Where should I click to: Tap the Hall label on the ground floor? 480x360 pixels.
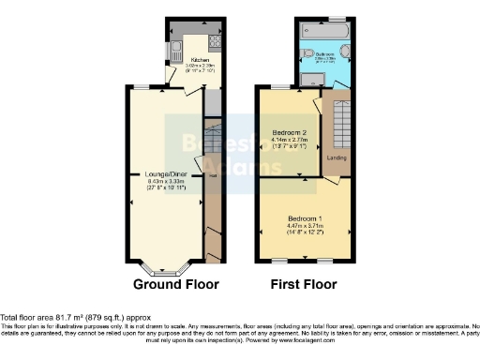(213, 174)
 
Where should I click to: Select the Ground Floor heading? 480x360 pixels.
(175, 284)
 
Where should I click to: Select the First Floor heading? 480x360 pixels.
(305, 284)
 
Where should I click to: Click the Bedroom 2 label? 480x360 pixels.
(288, 132)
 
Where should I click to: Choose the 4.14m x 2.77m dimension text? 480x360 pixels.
(288, 140)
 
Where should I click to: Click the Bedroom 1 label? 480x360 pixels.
(306, 217)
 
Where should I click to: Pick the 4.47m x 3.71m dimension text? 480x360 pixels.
(306, 225)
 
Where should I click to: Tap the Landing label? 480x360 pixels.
(337, 157)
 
